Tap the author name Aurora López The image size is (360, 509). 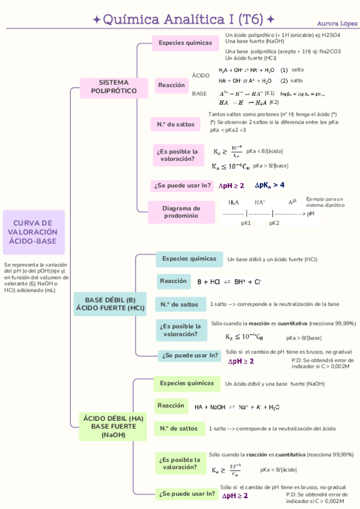334,23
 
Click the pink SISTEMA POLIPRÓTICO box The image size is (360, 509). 113,86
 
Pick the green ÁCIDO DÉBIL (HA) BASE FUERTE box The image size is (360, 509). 113,426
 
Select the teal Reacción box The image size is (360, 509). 173,281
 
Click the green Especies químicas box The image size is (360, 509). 186,382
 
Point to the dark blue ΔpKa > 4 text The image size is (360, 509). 269,185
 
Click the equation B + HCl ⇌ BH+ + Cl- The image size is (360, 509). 229,282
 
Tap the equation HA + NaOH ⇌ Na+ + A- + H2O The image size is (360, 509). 237,407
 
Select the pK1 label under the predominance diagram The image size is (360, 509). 245,223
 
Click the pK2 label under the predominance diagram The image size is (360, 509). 274,223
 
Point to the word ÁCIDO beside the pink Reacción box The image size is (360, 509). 201,75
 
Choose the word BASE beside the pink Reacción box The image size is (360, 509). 199,94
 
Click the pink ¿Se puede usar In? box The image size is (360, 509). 182,185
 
